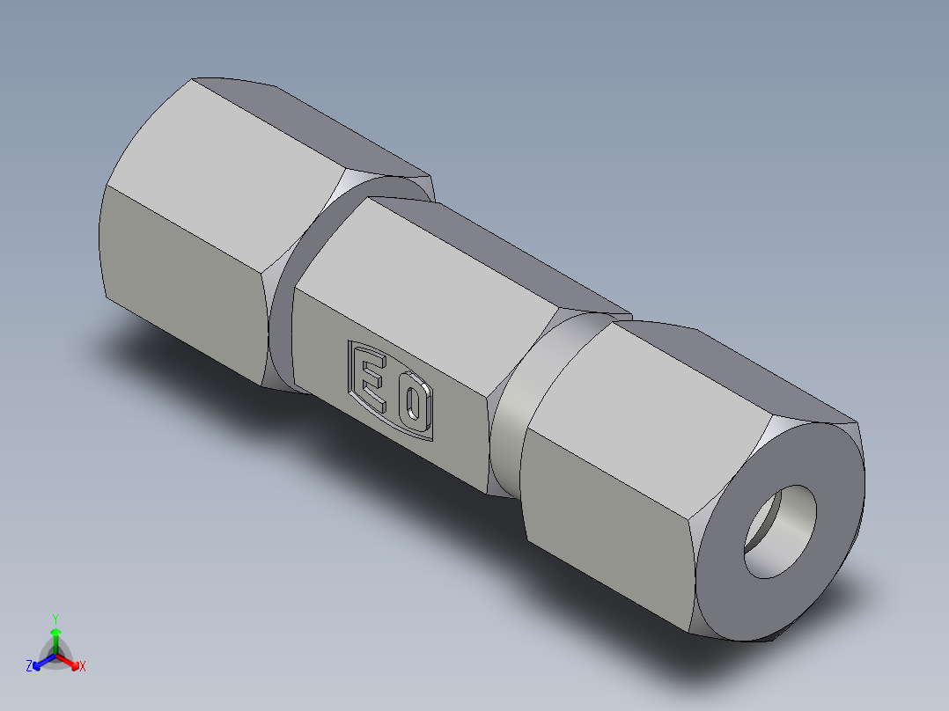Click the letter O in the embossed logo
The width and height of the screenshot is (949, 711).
412,406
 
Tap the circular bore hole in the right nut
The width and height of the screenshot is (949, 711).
781,531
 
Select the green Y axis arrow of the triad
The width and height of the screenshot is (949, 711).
55,634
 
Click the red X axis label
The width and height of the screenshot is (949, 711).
83,667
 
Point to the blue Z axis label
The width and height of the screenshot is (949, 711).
29,667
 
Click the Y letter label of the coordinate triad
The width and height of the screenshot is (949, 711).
55,618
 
